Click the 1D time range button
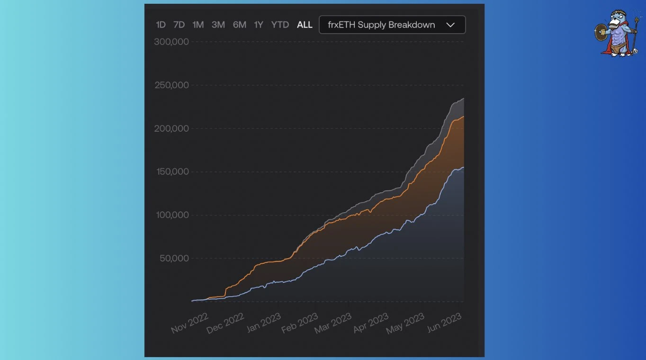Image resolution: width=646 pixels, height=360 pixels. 161,25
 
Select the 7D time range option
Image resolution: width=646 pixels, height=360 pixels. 179,25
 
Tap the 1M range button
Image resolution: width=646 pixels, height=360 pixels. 198,25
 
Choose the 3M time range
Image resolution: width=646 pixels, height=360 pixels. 218,25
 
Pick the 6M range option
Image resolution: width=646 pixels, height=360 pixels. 240,25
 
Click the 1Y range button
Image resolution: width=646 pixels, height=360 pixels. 259,25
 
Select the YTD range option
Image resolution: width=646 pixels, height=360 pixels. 280,25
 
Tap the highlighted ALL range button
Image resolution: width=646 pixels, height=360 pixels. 305,25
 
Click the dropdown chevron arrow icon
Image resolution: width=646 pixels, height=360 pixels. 450,25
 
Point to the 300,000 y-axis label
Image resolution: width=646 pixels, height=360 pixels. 171,42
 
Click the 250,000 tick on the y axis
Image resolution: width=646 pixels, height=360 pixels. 171,85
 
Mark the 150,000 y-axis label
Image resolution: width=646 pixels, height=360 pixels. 172,171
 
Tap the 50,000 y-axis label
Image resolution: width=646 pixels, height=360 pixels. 174,258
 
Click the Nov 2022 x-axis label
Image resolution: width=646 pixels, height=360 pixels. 189,323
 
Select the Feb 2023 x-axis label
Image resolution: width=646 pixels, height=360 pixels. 299,323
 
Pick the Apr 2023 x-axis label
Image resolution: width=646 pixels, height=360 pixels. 371,323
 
